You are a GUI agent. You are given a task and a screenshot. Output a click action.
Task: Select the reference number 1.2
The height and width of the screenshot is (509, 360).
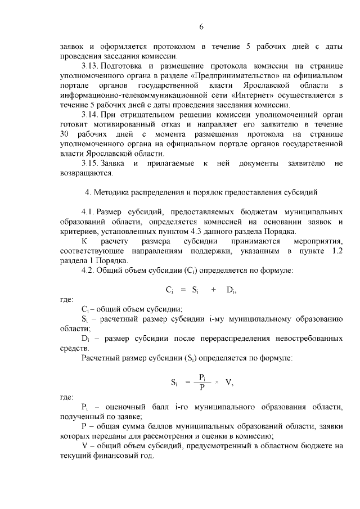click(x=337, y=251)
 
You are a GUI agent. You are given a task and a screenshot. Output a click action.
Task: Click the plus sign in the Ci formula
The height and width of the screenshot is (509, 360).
click(x=214, y=290)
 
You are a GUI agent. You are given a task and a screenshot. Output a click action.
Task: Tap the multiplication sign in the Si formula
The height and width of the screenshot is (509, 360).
click(x=217, y=382)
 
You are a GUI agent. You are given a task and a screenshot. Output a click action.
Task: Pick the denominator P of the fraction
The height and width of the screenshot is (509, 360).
click(x=202, y=387)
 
